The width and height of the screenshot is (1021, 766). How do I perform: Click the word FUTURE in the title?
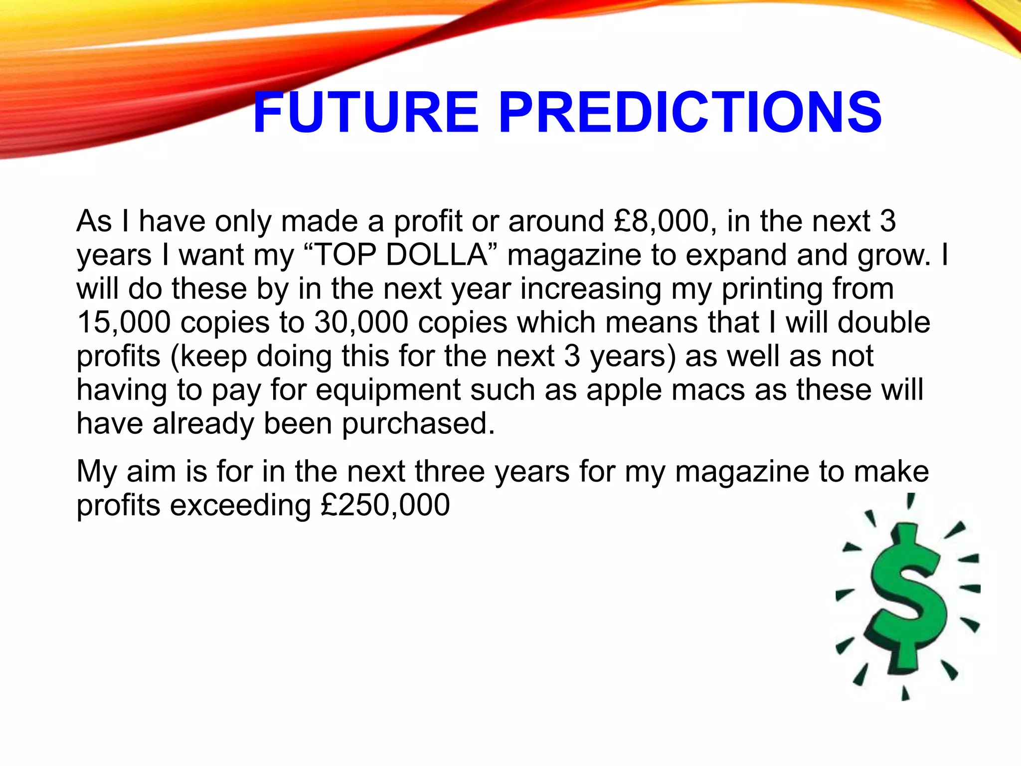[365, 113]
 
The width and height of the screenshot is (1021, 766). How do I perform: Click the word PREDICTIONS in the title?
[690, 113]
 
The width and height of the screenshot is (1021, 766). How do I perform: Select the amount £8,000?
[662, 221]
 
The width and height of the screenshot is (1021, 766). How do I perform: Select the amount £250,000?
[385, 505]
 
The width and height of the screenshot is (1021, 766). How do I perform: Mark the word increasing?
[591, 289]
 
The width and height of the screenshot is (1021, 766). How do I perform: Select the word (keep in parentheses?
[209, 357]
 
